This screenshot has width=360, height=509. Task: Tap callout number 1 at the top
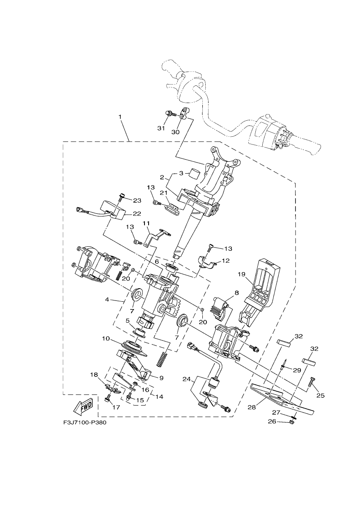pos(119,117)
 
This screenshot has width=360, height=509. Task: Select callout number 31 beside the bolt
pos(161,128)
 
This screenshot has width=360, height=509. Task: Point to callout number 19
pos(241,274)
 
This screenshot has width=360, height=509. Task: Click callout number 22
pos(137,213)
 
